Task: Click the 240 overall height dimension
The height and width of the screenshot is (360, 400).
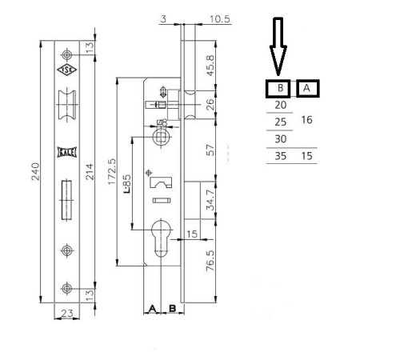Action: pyautogui.click(x=35, y=171)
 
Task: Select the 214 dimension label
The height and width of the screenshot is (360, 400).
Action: pyautogui.click(x=90, y=171)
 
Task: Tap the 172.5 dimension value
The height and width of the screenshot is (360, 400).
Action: pyautogui.click(x=112, y=171)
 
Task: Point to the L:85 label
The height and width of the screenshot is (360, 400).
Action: pyautogui.click(x=127, y=184)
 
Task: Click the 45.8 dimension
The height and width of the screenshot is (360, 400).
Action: pyautogui.click(x=210, y=66)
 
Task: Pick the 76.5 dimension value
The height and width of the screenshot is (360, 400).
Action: pyautogui.click(x=210, y=261)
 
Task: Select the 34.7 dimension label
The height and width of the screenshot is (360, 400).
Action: pyautogui.click(x=210, y=200)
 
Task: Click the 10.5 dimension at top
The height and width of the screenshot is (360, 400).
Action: pyautogui.click(x=219, y=19)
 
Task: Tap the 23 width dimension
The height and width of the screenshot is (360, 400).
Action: pyautogui.click(x=66, y=313)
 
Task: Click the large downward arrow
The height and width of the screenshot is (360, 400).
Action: pyautogui.click(x=278, y=46)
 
